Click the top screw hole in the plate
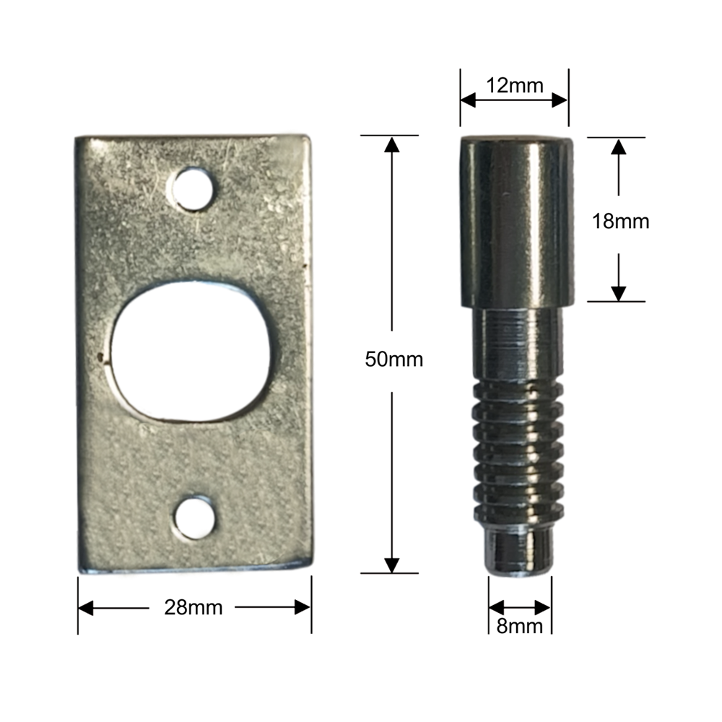[193, 189]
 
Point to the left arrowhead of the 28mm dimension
[87, 608]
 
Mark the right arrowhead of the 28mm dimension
[301, 608]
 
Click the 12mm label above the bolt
[514, 85]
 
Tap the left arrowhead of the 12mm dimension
[470, 101]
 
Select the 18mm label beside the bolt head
[619, 223]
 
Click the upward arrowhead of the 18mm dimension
[618, 147]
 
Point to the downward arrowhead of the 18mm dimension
[618, 292]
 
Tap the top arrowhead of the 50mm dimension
[391, 145]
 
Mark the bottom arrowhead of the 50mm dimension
[391, 565]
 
